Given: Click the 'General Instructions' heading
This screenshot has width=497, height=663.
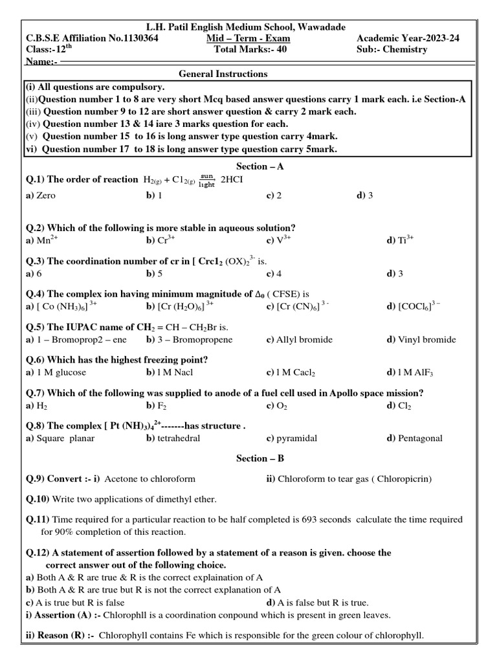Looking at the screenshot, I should click(x=223, y=74).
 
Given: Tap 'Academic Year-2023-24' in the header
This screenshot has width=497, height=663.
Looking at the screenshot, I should click(x=408, y=38).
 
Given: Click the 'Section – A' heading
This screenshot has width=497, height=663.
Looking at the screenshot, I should click(x=260, y=166).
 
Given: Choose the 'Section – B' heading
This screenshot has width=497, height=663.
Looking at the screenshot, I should click(x=260, y=458).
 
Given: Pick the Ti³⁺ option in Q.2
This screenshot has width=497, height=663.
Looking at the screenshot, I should click(x=400, y=240).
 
